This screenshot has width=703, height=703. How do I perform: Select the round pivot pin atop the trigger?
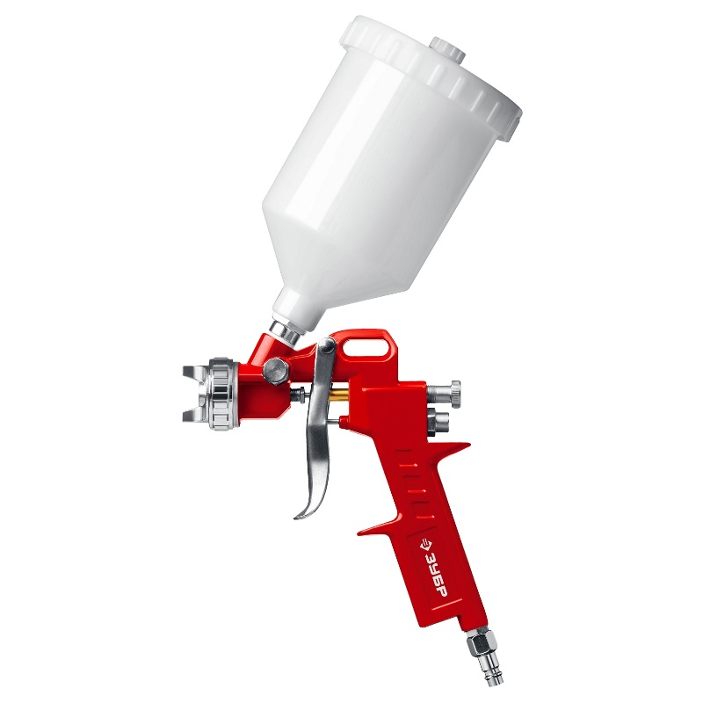click(x=326, y=345)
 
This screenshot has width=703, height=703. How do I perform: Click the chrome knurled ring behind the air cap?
click(x=223, y=394)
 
